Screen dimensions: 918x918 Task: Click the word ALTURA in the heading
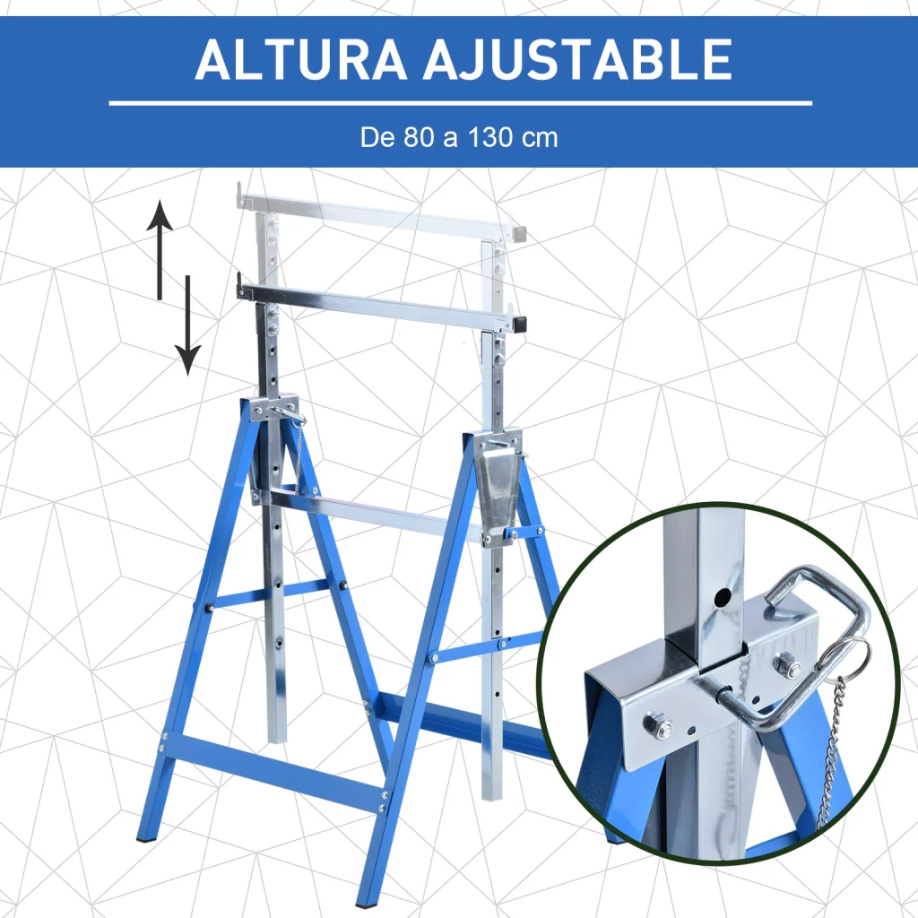click(x=300, y=59)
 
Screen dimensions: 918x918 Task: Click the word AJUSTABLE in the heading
click(x=577, y=59)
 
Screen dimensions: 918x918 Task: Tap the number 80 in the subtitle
click(x=417, y=137)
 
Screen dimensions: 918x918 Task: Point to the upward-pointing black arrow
click(x=160, y=251)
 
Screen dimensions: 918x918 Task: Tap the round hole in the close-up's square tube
click(x=723, y=597)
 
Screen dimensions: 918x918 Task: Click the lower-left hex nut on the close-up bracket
click(x=657, y=724)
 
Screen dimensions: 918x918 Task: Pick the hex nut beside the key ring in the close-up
click(x=785, y=664)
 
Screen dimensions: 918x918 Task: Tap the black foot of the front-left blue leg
click(x=143, y=839)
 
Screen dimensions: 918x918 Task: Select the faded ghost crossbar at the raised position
click(x=380, y=213)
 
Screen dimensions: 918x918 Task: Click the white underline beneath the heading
click(x=460, y=104)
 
